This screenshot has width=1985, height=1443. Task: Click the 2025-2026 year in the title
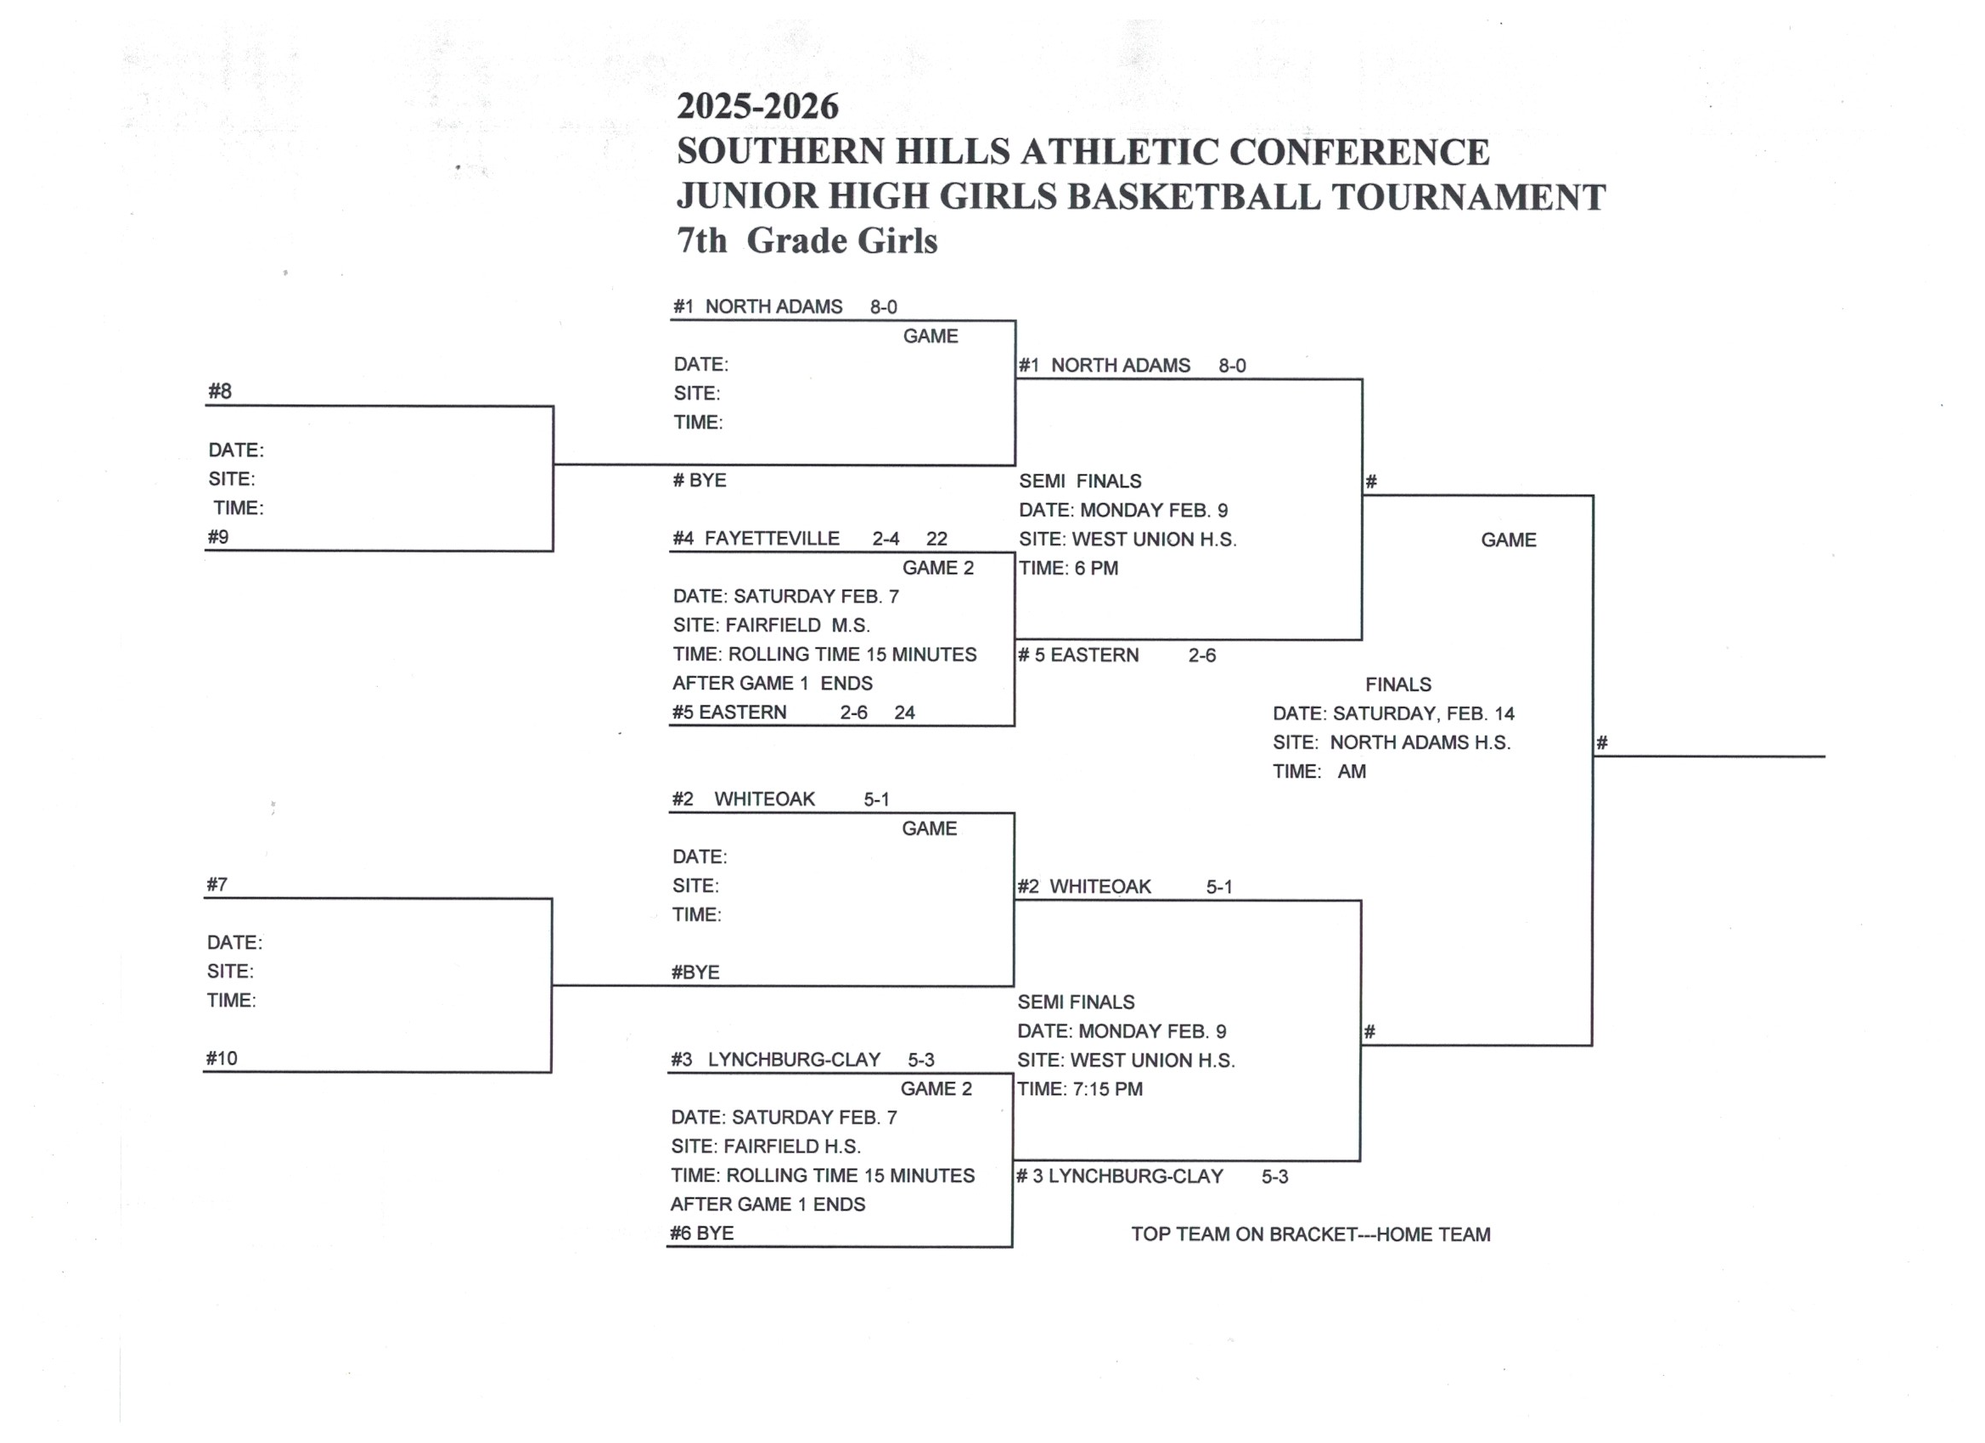coord(757,107)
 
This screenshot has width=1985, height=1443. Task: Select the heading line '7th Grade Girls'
coord(806,241)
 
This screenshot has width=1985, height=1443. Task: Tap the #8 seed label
coord(220,391)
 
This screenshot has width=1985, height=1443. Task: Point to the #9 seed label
coord(218,536)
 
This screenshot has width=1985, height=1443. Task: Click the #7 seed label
coord(217,884)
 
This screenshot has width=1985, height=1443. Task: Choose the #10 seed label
coord(222,1058)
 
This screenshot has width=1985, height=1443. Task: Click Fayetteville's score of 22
coord(936,539)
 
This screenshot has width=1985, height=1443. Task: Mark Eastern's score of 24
coord(904,712)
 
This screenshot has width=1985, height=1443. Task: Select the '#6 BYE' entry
coord(702,1233)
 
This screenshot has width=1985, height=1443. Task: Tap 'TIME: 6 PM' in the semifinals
coord(1069,568)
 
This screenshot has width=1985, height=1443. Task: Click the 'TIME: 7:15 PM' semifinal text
coord(1080,1088)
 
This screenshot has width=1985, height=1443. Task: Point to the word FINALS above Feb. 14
coord(1397,684)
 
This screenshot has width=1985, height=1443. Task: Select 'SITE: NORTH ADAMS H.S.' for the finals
coord(1391,742)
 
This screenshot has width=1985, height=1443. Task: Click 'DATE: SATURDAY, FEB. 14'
coord(1392,713)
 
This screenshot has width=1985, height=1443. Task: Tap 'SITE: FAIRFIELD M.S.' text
coord(771,625)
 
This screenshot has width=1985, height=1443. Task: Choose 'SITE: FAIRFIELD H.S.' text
coord(766,1145)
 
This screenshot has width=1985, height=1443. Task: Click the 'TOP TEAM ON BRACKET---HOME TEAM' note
coord(1310,1234)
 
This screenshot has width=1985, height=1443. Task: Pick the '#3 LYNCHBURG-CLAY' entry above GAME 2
coord(776,1059)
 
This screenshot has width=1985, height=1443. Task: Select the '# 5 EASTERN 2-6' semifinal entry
coord(1116,654)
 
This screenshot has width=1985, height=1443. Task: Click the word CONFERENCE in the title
coord(1358,152)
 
